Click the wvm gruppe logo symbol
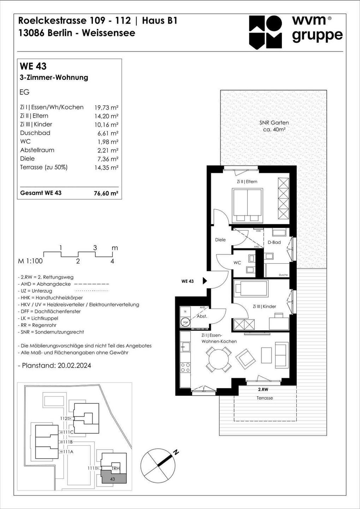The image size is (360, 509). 265,32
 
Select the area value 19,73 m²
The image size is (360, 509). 106,107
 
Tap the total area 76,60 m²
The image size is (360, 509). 106,193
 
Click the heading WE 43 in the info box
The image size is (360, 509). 33,66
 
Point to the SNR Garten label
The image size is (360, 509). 274,123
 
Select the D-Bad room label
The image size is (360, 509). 274,242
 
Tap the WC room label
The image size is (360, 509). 237,263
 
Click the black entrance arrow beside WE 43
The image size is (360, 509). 205,281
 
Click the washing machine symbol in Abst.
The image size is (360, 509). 185,322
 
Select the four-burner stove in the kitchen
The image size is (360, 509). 185,367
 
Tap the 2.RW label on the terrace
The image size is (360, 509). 263,389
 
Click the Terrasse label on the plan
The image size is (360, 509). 265,398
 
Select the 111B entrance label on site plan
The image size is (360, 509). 68,442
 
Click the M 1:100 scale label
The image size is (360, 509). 30,261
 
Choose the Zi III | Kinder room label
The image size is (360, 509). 264,306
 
